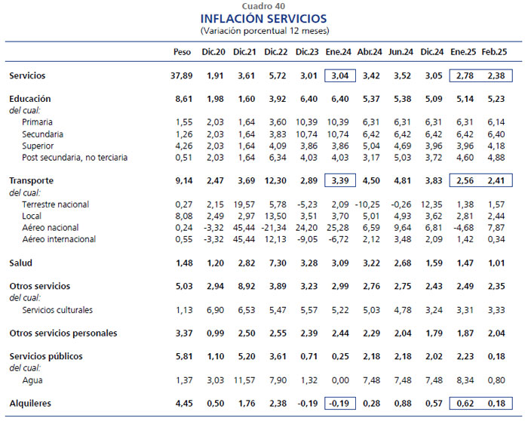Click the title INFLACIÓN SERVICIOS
pyautogui.click(x=264, y=18)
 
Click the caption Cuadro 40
pyautogui.click(x=264, y=6)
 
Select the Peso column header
pyautogui.click(x=183, y=52)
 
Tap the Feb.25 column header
pyautogui.click(x=494, y=52)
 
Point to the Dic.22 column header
pyautogui.click(x=276, y=52)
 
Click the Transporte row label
pyautogui.click(x=32, y=180)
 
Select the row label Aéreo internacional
pyautogui.click(x=59, y=239)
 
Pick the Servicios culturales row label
pyautogui.click(x=57, y=310)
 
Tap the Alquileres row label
pyautogui.click(x=30, y=403)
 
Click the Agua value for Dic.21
pyautogui.click(x=244, y=380)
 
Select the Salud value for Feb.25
pyautogui.click(x=496, y=263)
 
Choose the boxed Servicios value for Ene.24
pyautogui.click(x=340, y=75)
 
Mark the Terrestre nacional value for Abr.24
pyautogui.click(x=368, y=204)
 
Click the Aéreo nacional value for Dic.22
pyautogui.click(x=274, y=228)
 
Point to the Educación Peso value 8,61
pyautogui.click(x=184, y=99)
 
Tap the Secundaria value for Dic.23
pyautogui.click(x=307, y=134)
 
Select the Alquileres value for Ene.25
pyautogui.click(x=465, y=404)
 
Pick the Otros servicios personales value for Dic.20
pyautogui.click(x=215, y=333)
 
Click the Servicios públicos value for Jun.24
pyautogui.click(x=403, y=356)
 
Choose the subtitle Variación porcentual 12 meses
pyautogui.click(x=265, y=31)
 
